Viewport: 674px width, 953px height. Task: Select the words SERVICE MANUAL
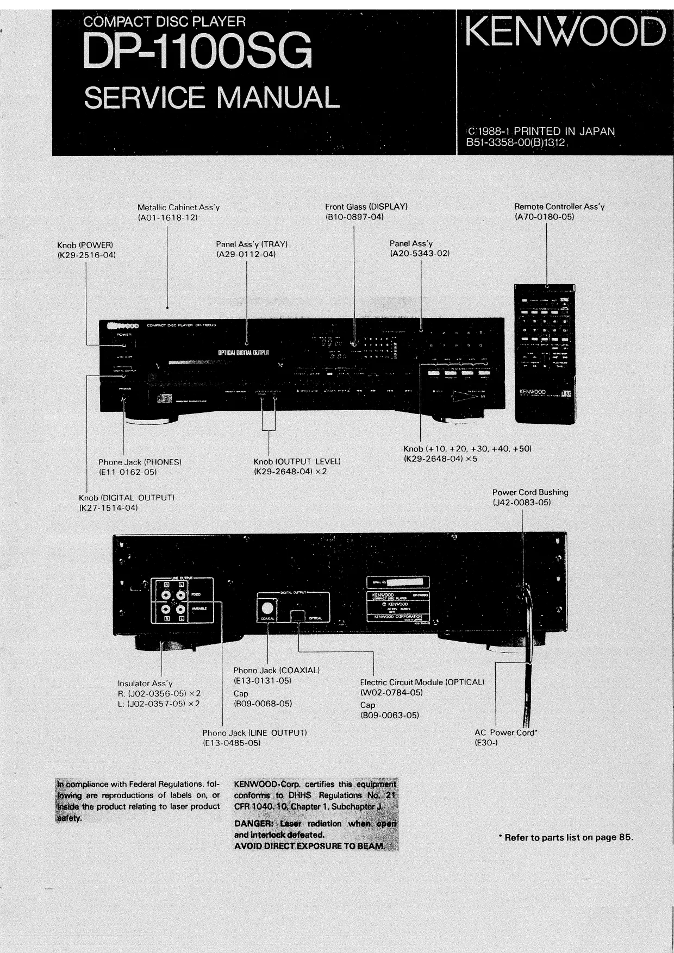(x=210, y=98)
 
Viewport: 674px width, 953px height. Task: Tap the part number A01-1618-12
(x=167, y=217)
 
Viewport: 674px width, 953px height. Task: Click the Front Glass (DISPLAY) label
(x=366, y=206)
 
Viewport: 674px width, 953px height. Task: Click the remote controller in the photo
(x=545, y=353)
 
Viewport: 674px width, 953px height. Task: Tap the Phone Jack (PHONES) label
(x=140, y=462)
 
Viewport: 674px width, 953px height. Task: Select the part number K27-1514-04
(x=109, y=507)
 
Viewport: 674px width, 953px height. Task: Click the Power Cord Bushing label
(x=530, y=492)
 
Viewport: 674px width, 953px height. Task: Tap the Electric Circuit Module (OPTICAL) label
(x=422, y=682)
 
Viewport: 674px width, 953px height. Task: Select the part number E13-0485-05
(x=232, y=743)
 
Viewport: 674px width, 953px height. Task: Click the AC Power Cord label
(x=505, y=732)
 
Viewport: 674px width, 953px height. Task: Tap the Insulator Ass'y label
(x=145, y=683)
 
